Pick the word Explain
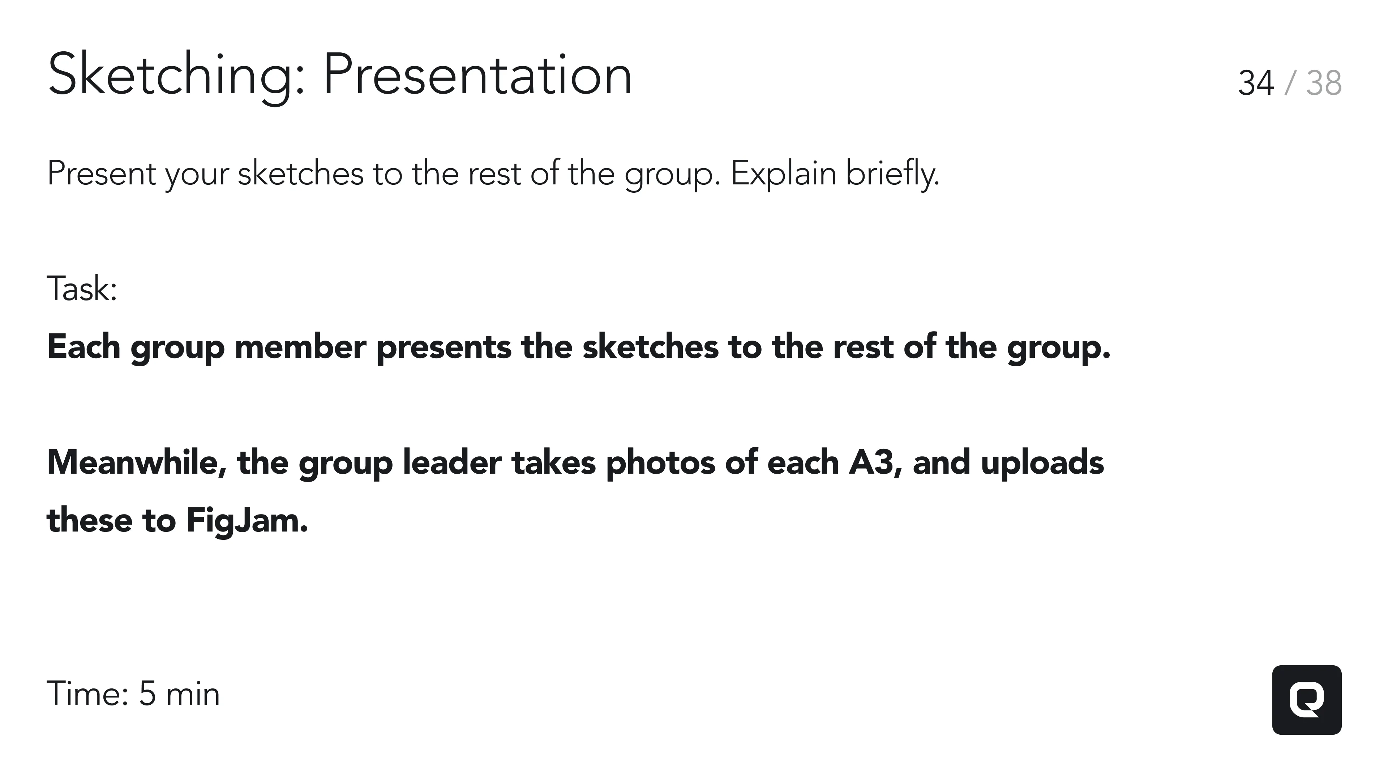(783, 174)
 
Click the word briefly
(892, 174)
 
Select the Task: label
(82, 289)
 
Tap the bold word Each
(83, 347)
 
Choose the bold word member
(300, 347)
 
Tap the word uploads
(1042, 463)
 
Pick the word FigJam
(247, 521)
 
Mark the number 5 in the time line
(147, 694)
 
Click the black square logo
(1307, 700)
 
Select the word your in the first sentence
(197, 174)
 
